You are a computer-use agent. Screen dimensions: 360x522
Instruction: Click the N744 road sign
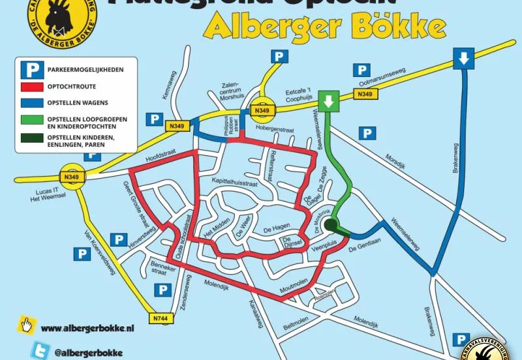(160, 318)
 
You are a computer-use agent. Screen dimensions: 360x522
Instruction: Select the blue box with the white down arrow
(463, 59)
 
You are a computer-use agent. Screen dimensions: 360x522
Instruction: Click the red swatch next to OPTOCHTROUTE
(31, 87)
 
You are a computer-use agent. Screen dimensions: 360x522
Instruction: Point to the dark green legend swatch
(31, 140)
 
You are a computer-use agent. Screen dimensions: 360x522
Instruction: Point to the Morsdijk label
(395, 159)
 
